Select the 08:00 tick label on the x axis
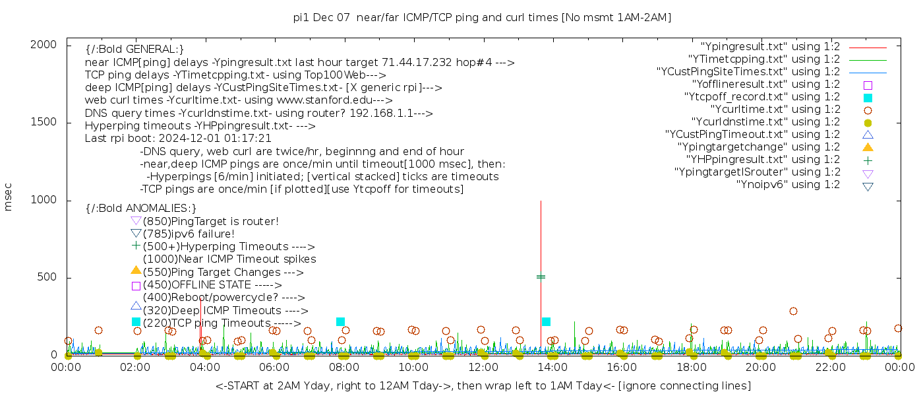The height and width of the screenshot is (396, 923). (343, 367)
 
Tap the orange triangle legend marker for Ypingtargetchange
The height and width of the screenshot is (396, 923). (868, 147)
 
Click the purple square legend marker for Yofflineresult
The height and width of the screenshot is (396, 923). (868, 85)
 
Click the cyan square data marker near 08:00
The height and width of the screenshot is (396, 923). (340, 322)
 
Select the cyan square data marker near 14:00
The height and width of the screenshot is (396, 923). (546, 322)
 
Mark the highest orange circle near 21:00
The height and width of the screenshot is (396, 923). (793, 312)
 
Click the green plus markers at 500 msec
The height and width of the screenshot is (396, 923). (541, 277)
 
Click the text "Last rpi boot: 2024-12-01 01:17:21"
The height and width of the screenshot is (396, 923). (178, 139)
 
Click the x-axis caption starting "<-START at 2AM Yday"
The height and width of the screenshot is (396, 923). (483, 385)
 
